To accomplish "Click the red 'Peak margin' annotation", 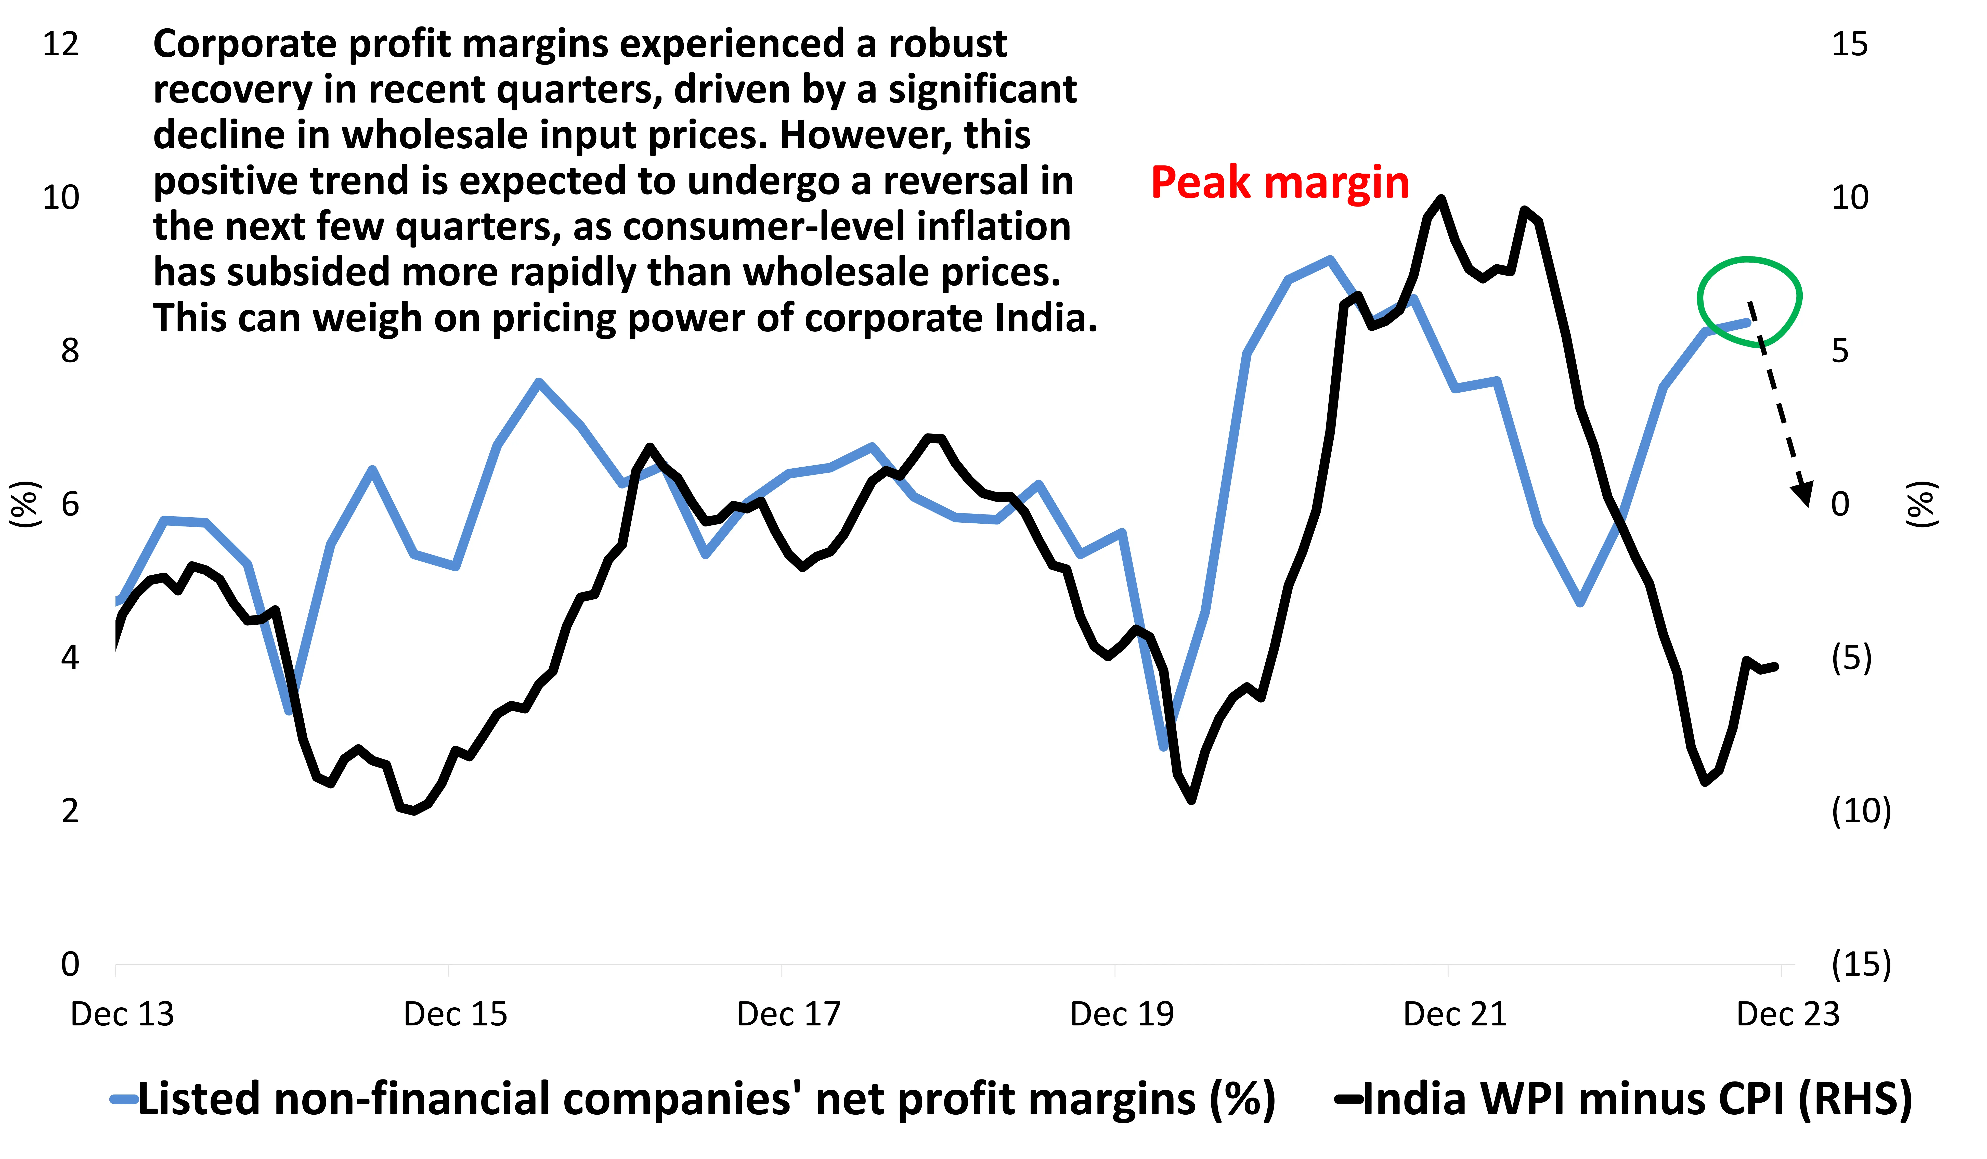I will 1279,183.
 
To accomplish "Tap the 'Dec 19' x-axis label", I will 1121,1014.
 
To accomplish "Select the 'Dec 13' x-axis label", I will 122,1014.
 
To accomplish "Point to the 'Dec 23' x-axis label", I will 1787,1014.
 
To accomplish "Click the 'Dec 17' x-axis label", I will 788,1014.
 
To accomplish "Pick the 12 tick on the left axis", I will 61,44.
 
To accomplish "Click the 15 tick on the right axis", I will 1849,44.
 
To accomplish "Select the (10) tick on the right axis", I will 1861,811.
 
